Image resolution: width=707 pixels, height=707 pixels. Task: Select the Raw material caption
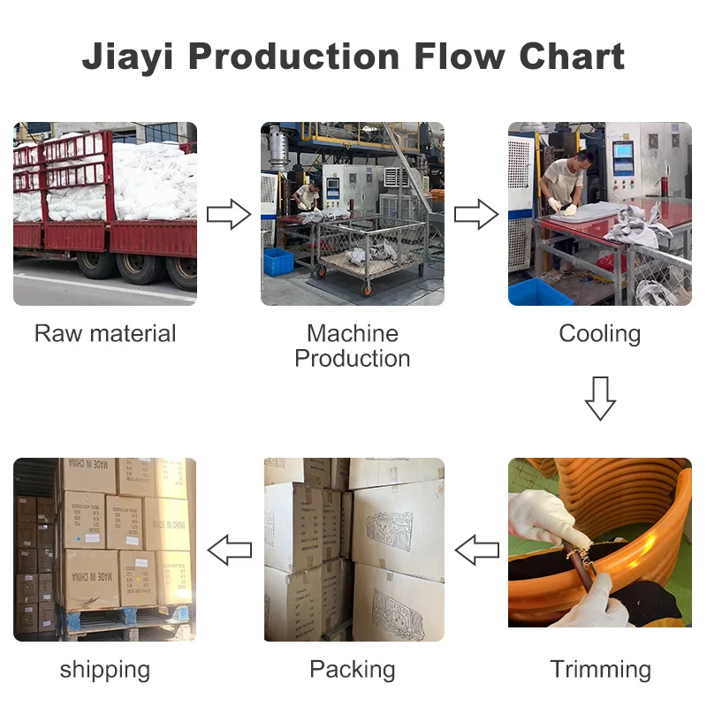pos(105,333)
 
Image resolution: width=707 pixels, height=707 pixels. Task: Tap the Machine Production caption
pos(353,346)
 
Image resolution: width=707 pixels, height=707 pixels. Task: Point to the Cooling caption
pos(600,333)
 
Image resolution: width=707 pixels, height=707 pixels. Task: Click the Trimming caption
pos(600,669)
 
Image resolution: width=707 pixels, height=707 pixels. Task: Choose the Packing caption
pos(353,669)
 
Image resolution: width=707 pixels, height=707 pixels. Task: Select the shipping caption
pos(105,669)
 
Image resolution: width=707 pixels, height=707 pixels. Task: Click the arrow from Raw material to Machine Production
pos(229,214)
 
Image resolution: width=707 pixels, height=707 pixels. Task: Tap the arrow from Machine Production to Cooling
pos(476,214)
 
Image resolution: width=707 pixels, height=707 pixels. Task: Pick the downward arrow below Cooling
pos(600,398)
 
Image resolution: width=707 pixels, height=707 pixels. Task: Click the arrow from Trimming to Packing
pos(476,550)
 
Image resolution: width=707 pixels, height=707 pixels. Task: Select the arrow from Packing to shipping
pos(229,550)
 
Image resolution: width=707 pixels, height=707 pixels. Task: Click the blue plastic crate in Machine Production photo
pos(278,260)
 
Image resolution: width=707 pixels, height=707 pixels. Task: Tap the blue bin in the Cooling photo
pos(540,291)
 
